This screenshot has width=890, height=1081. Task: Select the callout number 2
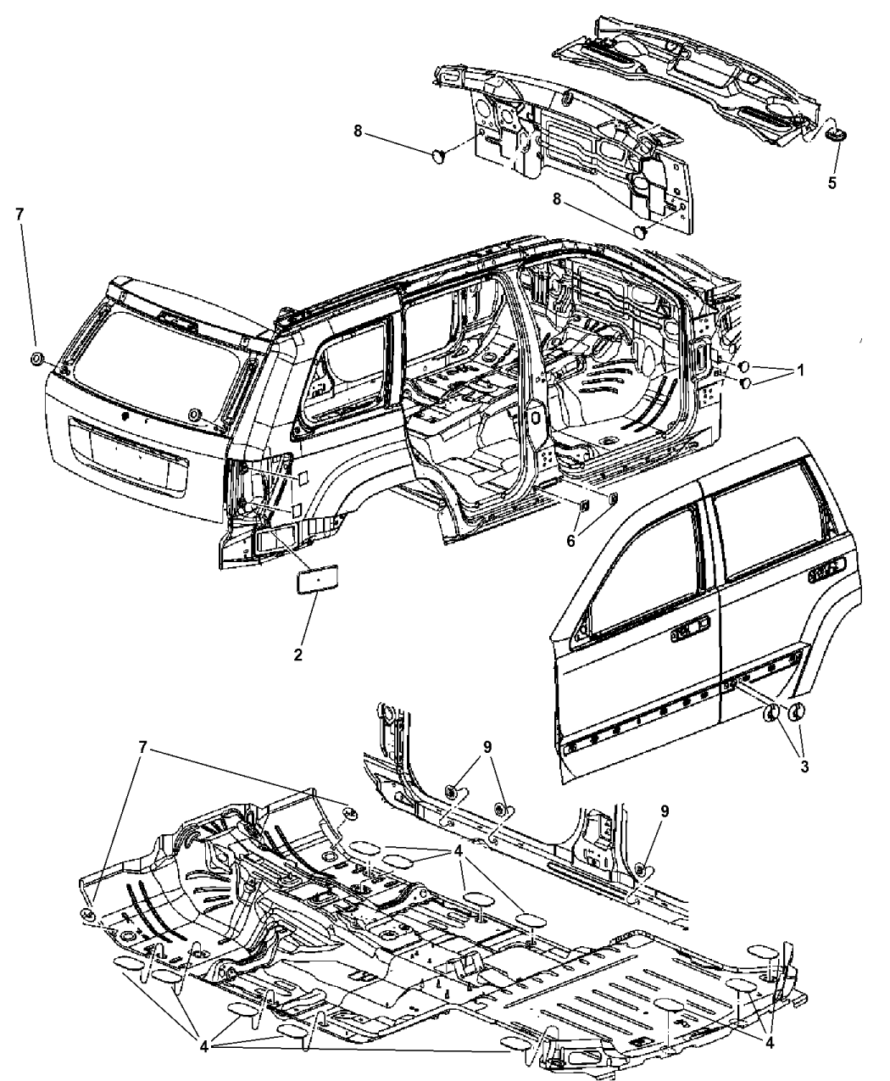pos(298,655)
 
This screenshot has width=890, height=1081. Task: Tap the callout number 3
pos(804,766)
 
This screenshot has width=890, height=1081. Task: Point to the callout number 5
pos(832,182)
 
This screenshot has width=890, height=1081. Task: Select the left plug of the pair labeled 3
pos(771,715)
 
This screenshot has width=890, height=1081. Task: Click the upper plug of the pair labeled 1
pos(743,366)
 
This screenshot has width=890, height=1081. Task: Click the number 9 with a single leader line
pos(665,811)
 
